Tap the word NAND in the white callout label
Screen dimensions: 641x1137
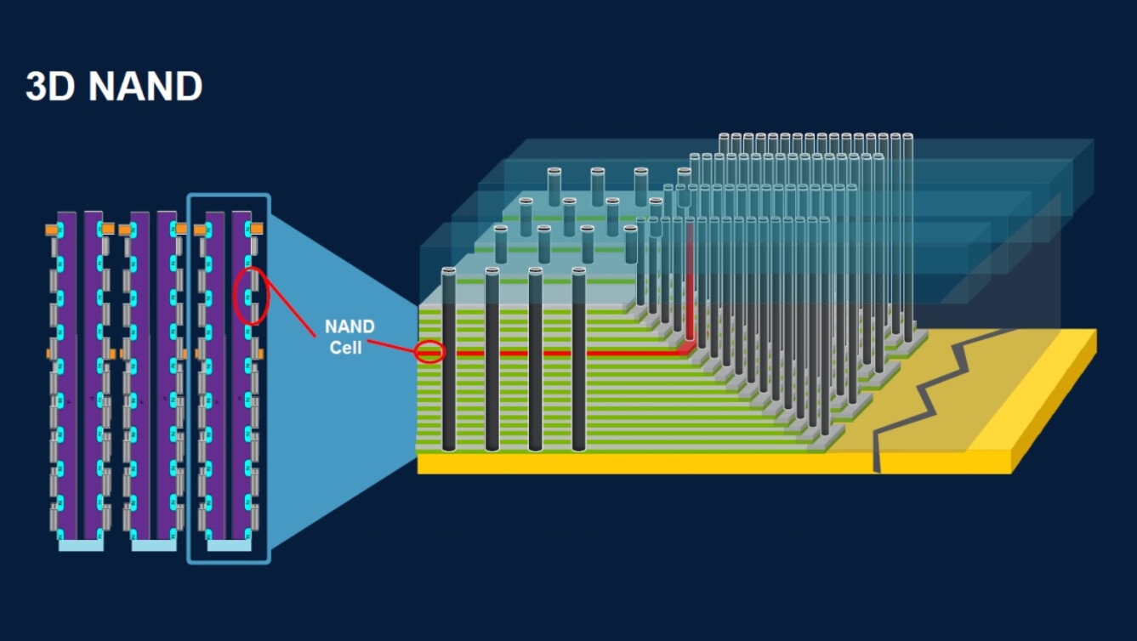349,326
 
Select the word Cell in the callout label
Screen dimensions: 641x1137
346,347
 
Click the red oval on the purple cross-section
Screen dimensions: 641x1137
251,295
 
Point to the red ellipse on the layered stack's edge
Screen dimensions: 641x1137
430,351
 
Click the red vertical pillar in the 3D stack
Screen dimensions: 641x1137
690,281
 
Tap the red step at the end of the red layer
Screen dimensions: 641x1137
685,349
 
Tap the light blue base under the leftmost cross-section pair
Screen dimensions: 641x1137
81,545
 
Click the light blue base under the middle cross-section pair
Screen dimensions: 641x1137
154,545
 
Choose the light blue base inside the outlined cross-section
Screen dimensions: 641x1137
229,545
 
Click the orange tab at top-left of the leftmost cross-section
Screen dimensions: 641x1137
52,230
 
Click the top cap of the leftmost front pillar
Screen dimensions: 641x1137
449,270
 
